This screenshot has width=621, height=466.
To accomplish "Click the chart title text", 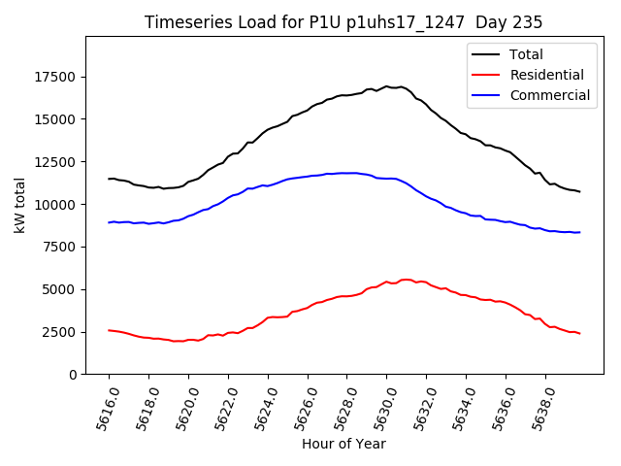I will point(343,21).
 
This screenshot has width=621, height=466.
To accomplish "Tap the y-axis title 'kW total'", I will point(19,206).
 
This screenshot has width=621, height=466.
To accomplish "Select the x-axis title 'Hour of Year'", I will point(343,444).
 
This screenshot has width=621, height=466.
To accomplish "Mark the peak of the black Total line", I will point(386,86).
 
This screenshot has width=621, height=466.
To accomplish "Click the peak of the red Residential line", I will point(405,280).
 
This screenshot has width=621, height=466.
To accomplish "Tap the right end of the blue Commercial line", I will point(580,232).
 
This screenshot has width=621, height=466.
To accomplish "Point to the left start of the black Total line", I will point(109,179).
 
